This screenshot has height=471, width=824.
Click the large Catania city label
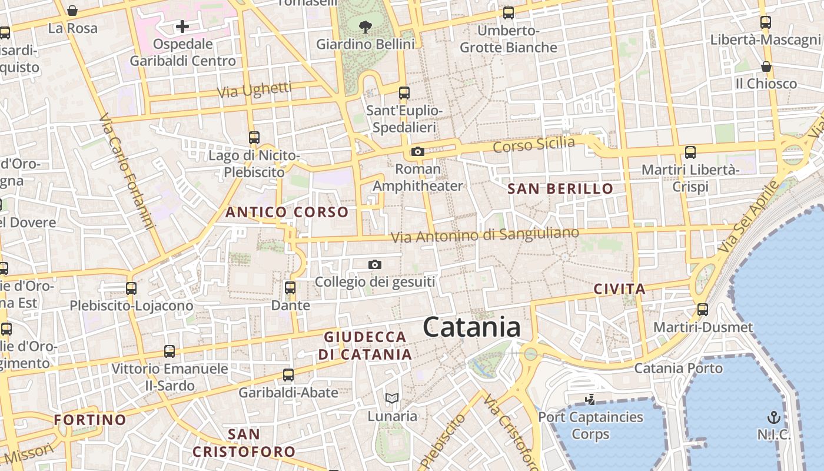(471, 327)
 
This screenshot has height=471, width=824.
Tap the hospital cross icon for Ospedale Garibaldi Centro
(182, 26)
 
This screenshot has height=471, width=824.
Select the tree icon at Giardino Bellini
(366, 26)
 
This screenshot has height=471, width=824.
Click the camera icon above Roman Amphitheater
(418, 152)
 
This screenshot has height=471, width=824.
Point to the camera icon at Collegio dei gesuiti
(375, 265)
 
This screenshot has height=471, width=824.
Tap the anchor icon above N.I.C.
(773, 417)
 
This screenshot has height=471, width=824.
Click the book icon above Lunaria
(392, 399)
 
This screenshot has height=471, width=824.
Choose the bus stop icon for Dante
(290, 288)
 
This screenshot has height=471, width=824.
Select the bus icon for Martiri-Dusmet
(702, 310)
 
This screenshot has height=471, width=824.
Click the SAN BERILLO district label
(560, 189)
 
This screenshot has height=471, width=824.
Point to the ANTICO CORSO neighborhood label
(287, 212)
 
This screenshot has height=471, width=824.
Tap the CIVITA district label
(619, 289)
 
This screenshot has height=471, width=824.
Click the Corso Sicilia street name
(533, 144)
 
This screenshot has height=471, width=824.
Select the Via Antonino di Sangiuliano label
(485, 235)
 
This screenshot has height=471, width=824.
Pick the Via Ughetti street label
(254, 90)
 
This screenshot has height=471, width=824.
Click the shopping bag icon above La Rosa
(72, 11)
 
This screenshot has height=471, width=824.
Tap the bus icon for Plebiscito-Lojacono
(131, 288)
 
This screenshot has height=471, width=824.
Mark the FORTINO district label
(90, 420)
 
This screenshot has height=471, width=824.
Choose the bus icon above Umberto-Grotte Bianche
(509, 12)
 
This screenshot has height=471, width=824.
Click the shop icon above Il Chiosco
(766, 67)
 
